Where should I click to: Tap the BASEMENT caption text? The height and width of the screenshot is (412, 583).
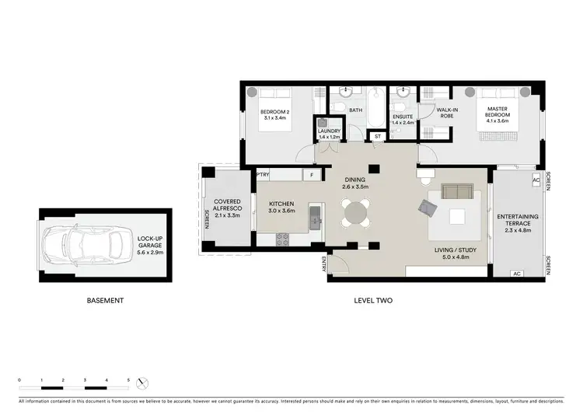coord(103,300)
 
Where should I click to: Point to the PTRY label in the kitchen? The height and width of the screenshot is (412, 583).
coord(264,176)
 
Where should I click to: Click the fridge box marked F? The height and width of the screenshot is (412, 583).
coord(311,176)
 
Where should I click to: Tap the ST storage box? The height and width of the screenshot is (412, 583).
coord(378,137)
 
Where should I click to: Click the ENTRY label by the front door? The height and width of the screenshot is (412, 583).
coord(323,266)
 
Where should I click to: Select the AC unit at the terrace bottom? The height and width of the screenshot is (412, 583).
coord(517,274)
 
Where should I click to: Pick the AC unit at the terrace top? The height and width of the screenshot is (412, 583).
coord(536,180)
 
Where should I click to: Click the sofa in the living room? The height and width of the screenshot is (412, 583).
coord(456,192)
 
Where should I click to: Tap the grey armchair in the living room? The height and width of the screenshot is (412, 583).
coord(428,207)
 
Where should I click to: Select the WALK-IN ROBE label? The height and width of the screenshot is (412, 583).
coord(447,113)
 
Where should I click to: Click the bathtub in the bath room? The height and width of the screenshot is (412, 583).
coord(376,109)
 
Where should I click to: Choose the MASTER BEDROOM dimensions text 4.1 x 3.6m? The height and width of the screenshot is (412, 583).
coord(497,120)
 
